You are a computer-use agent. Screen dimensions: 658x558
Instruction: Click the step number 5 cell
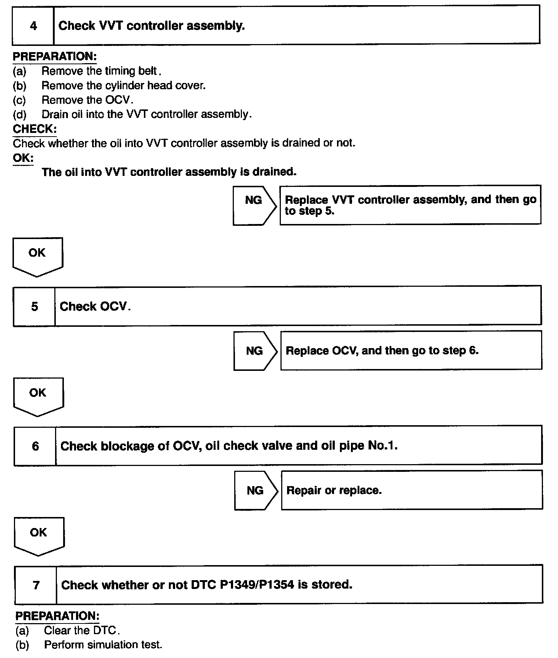coord(35,307)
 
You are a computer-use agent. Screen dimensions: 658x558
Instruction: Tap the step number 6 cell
coord(35,446)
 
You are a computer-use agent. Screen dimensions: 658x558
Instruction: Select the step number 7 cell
coord(36,585)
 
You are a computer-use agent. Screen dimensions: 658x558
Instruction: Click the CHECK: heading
coord(35,129)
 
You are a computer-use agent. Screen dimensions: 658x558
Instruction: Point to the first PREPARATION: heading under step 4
coord(55,57)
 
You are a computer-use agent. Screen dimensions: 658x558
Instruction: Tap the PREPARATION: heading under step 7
coord(57,616)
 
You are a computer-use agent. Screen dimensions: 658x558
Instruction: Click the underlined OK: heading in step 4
coord(23,158)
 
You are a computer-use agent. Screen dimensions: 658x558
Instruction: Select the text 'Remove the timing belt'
coord(100,71)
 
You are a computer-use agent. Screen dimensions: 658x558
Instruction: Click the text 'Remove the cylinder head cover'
coord(123,86)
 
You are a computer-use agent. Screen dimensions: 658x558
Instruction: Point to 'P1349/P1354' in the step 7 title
coord(257,585)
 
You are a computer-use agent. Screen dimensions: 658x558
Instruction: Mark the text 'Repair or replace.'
coord(334,491)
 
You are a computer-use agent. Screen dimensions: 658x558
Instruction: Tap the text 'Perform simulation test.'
coord(103,645)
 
